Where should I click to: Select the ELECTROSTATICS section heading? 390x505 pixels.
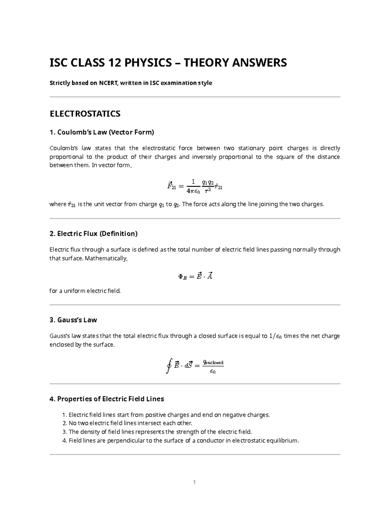[85, 114]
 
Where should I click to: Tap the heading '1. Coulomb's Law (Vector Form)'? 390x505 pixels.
[102, 132]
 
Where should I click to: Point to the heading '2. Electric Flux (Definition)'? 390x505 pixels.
[94, 233]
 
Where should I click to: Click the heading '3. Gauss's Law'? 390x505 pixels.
[73, 320]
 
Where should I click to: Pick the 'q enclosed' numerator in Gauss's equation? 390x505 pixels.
[213, 362]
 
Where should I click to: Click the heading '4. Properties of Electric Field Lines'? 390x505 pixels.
[107, 399]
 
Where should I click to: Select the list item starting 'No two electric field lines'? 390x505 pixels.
[130, 423]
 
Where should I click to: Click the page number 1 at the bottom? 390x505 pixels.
[194, 482]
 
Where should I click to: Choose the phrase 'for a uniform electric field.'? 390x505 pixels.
[85, 291]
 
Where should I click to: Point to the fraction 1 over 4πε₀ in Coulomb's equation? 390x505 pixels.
[193, 186]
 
